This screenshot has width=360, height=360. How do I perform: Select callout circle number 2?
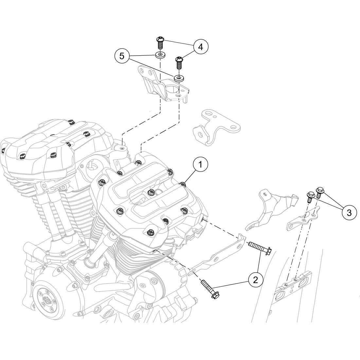pyautogui.click(x=256, y=279)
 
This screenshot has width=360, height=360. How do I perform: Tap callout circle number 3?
pyautogui.click(x=349, y=213)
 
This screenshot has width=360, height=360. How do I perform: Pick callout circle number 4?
pyautogui.click(x=200, y=47)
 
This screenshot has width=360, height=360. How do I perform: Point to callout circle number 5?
pyautogui.click(x=122, y=56)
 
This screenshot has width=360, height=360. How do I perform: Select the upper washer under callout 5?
pyautogui.click(x=159, y=54)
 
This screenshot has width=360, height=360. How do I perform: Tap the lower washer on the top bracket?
pyautogui.click(x=179, y=78)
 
